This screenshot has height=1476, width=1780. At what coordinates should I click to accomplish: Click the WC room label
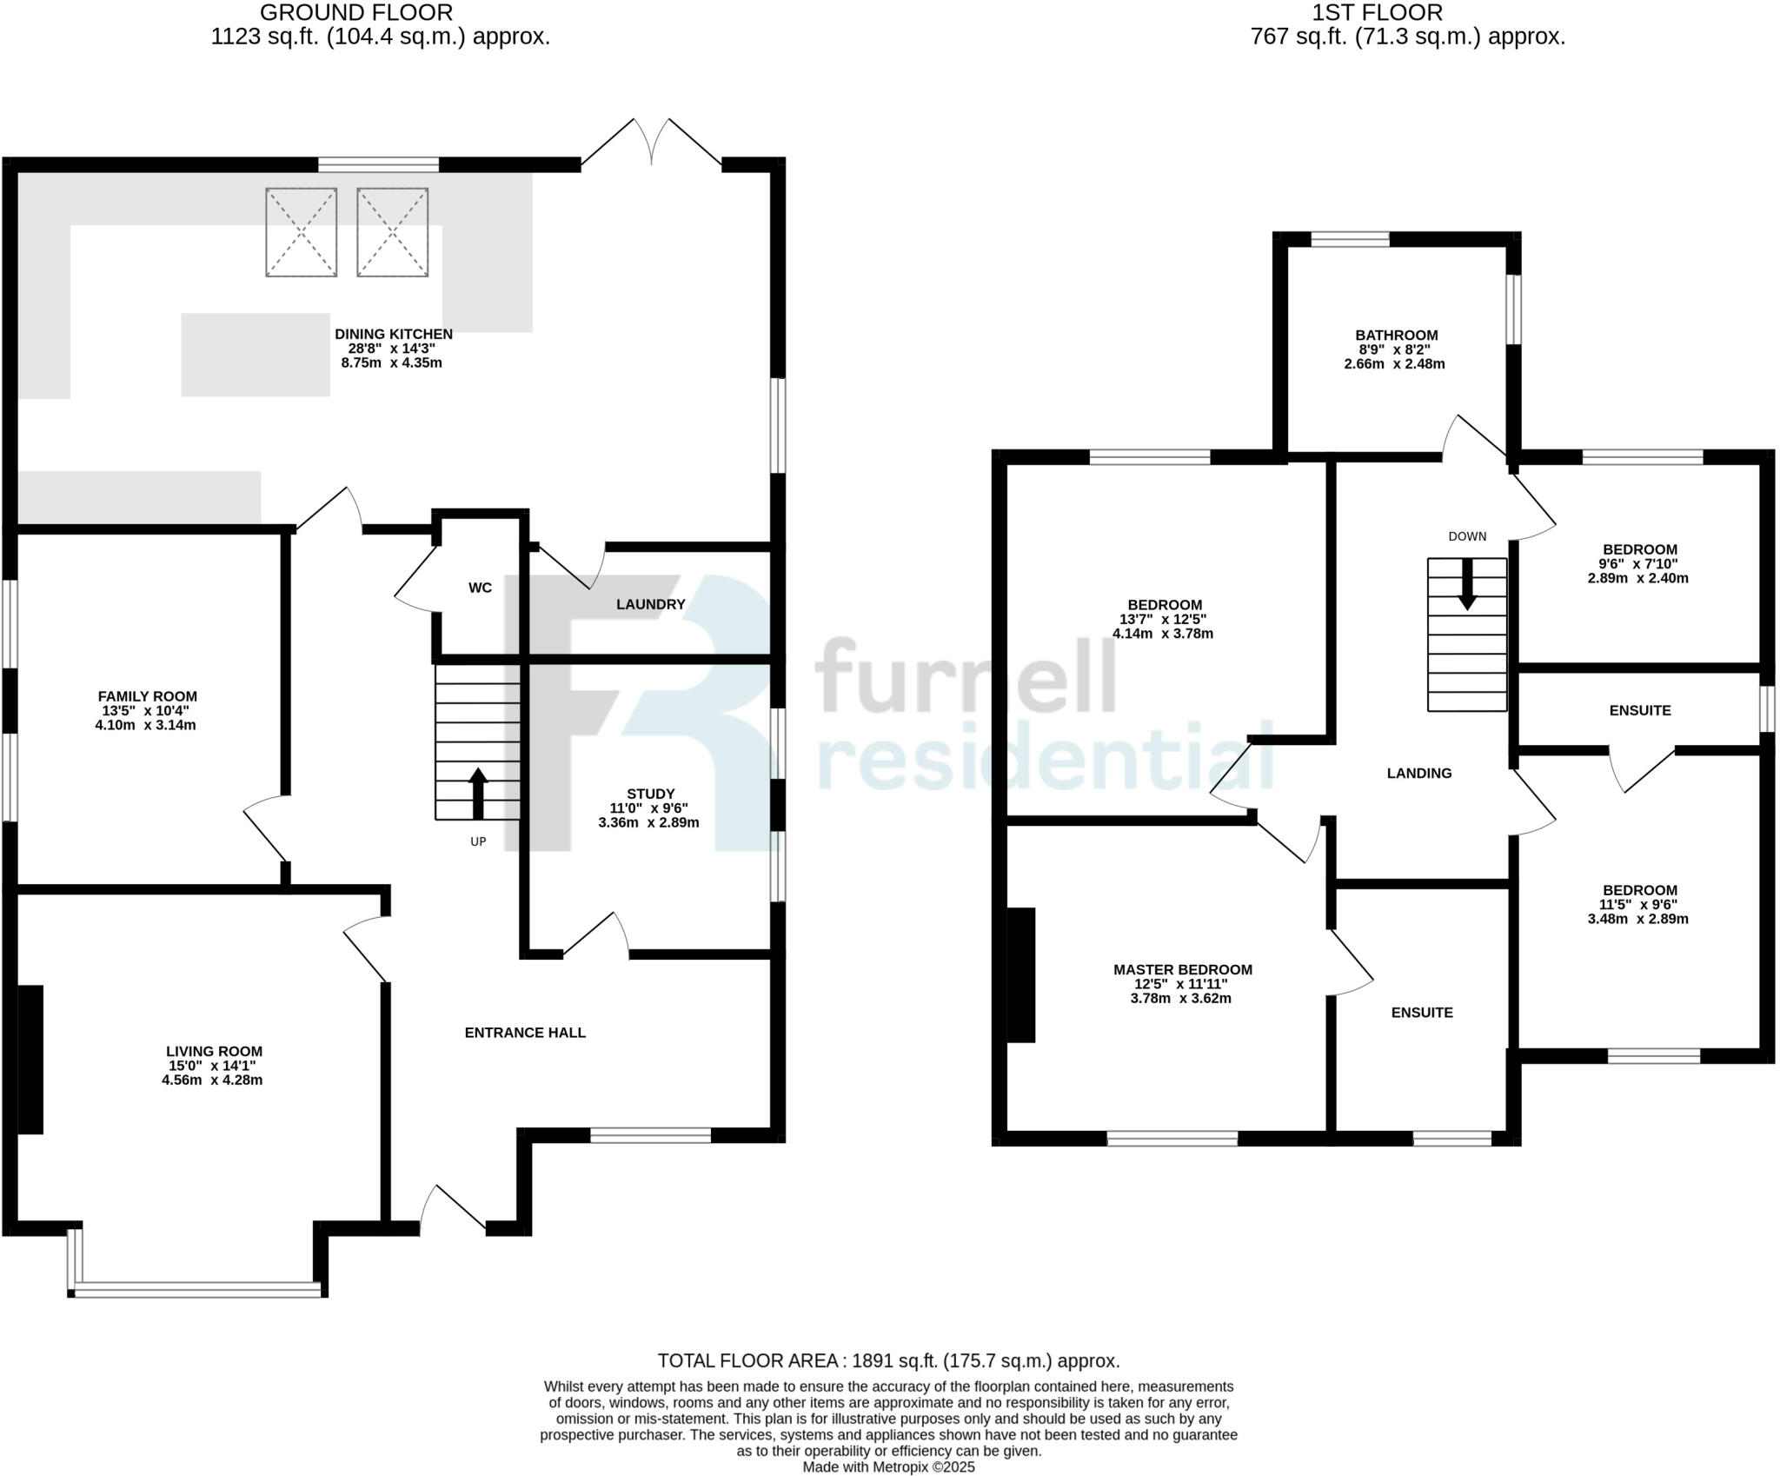pyautogui.click(x=480, y=588)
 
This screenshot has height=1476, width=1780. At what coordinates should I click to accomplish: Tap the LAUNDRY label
pyautogui.click(x=650, y=604)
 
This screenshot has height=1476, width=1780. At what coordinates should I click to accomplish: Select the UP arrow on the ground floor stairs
pyautogui.click(x=478, y=792)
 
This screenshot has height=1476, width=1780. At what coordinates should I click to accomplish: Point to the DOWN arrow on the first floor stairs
pyautogui.click(x=1467, y=584)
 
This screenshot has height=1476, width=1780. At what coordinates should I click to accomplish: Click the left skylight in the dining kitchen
pyautogui.click(x=301, y=232)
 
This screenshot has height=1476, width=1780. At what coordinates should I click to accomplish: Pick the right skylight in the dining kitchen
pyautogui.click(x=392, y=232)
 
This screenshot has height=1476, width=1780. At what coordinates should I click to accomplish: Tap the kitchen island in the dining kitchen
pyautogui.click(x=256, y=355)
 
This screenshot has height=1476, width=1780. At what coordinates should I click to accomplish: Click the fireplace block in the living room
pyautogui.click(x=30, y=1059)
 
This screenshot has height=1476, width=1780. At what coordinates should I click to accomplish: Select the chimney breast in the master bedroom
pyautogui.click(x=1021, y=974)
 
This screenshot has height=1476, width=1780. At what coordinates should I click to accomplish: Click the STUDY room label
pyautogui.click(x=650, y=794)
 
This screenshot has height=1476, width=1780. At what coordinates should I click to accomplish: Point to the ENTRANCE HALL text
pyautogui.click(x=525, y=1033)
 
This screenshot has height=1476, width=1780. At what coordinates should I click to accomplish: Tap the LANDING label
pyautogui.click(x=1418, y=773)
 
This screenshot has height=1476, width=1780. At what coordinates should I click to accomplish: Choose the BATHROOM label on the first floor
pyautogui.click(x=1396, y=335)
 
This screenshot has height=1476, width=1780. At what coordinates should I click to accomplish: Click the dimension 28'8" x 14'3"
pyautogui.click(x=391, y=348)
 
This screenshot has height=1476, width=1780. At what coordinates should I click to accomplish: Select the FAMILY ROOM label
pyautogui.click(x=147, y=696)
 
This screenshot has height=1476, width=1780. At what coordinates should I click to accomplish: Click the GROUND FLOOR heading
pyautogui.click(x=355, y=12)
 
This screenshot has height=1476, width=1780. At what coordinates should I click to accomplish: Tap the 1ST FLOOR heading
pyautogui.click(x=1408, y=12)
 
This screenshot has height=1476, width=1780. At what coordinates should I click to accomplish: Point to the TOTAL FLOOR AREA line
pyautogui.click(x=888, y=1360)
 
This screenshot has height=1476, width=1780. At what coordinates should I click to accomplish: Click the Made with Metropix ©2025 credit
pyautogui.click(x=888, y=1467)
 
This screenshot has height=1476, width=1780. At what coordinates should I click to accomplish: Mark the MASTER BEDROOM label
pyautogui.click(x=1182, y=969)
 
